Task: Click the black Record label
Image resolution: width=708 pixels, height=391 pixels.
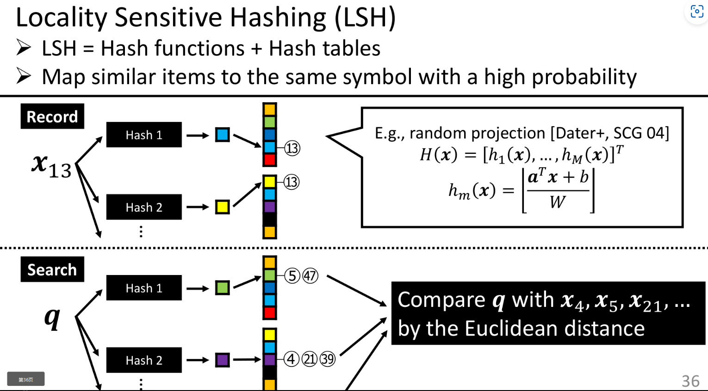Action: coord(52,116)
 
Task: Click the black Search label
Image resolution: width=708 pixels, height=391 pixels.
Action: coord(52,269)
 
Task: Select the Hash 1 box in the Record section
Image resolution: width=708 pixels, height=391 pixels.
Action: coord(144,135)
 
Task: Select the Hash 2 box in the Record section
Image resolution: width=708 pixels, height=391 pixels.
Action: coord(144,207)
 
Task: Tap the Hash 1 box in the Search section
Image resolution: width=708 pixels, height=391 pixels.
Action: coord(144,288)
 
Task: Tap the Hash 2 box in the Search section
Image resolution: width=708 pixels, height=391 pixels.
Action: coord(144,360)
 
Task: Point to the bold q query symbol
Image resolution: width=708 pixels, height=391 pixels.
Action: coord(52,318)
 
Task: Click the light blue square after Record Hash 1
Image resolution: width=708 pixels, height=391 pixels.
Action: coord(223,135)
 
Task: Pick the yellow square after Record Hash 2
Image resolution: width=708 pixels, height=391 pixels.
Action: coord(223,207)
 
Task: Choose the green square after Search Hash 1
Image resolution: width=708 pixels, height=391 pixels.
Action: coord(223,288)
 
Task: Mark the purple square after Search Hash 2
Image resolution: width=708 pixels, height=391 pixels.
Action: coord(223,360)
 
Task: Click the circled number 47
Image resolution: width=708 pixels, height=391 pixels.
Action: coord(310,276)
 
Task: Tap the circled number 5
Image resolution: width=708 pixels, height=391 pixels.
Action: coord(292,276)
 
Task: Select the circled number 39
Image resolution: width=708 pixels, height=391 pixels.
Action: coord(327,359)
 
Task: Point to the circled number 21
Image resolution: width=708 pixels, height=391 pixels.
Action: coord(309,359)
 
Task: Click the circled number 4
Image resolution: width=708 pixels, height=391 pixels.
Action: coord(291,359)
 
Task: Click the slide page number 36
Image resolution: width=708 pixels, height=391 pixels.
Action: coord(690,381)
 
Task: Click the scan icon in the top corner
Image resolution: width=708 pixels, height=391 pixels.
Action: coord(696,12)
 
